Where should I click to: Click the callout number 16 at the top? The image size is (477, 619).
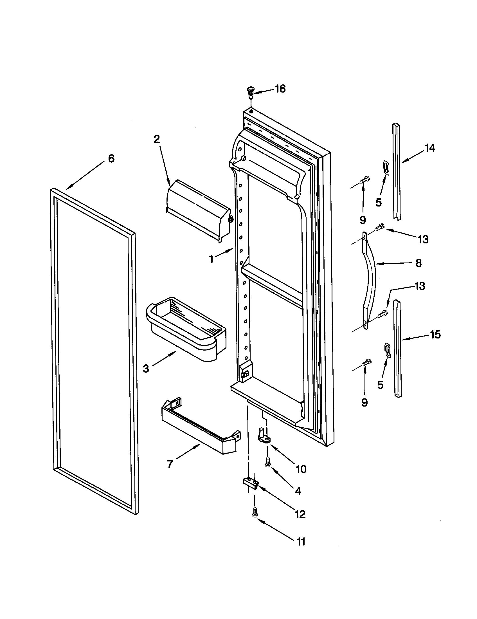[280, 89]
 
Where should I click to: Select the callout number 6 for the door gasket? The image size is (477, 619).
[111, 159]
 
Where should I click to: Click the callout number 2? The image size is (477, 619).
[157, 139]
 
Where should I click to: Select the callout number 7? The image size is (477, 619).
[170, 464]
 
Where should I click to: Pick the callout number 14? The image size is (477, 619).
[430, 148]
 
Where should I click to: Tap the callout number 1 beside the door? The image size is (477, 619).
[211, 259]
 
